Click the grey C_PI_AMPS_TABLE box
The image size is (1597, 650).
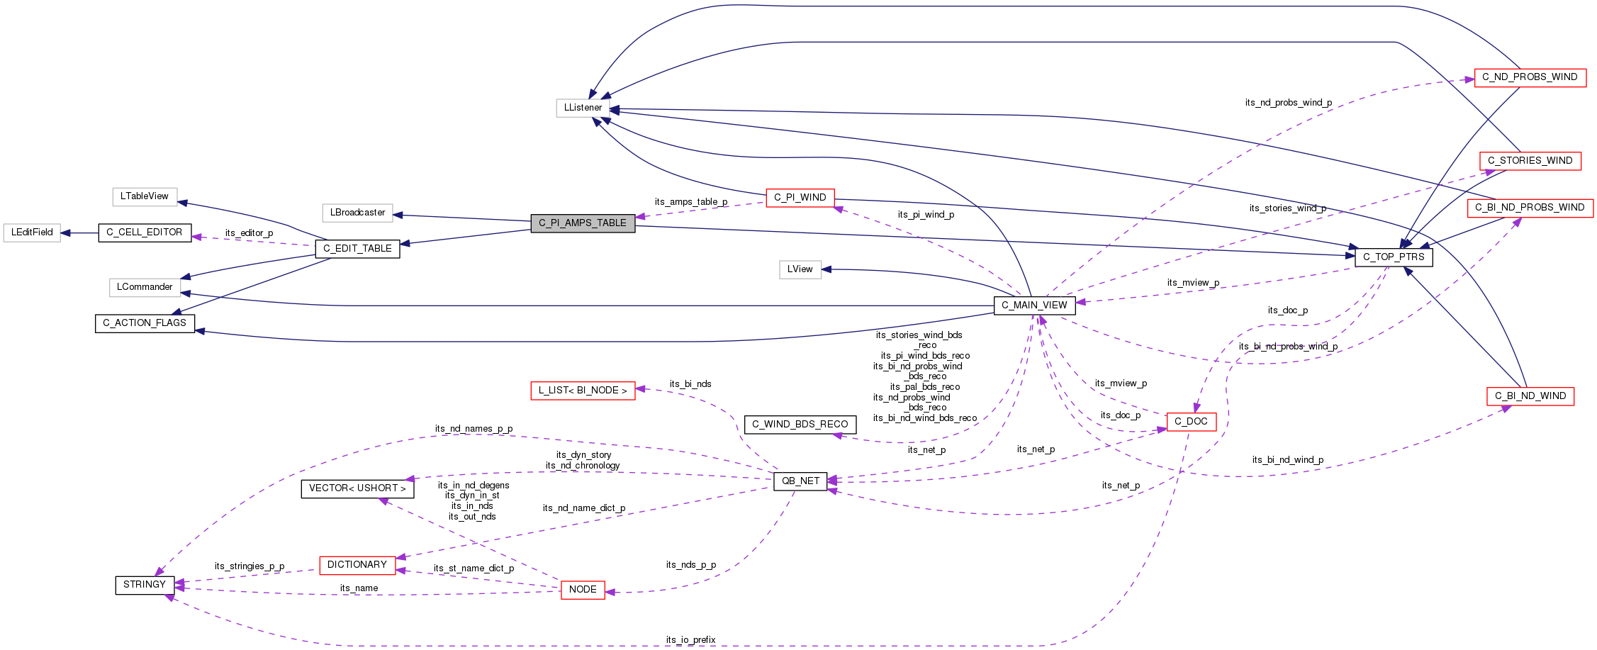pyautogui.click(x=583, y=223)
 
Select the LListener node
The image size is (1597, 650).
pyautogui.click(x=583, y=108)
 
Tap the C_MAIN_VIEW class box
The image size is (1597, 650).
pyautogui.click(x=1034, y=306)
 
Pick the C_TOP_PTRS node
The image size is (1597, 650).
pyautogui.click(x=1394, y=257)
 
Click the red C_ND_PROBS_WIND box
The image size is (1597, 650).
pyautogui.click(x=1530, y=77)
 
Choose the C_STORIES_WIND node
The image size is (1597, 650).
pyautogui.click(x=1530, y=161)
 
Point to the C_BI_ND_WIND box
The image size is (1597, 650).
pyautogui.click(x=1530, y=396)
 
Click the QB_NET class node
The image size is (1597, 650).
pyautogui.click(x=800, y=481)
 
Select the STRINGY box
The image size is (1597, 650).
pyautogui.click(x=145, y=585)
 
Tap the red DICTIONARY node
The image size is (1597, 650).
pyautogui.click(x=357, y=565)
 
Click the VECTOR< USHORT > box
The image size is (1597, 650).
pyautogui.click(x=357, y=488)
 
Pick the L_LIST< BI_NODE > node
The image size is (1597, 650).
pyautogui.click(x=583, y=391)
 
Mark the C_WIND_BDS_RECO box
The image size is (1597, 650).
pyautogui.click(x=800, y=425)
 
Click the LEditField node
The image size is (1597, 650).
pyautogui.click(x=32, y=232)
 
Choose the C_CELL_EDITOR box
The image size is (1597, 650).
pyautogui.click(x=145, y=232)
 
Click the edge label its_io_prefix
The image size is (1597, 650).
pyautogui.click(x=690, y=640)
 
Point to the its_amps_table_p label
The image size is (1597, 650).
pyautogui.click(x=690, y=202)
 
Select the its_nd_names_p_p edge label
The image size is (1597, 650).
pyautogui.click(x=474, y=429)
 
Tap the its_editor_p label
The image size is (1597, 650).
pyautogui.click(x=249, y=233)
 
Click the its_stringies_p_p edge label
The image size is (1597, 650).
pyautogui.click(x=250, y=566)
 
